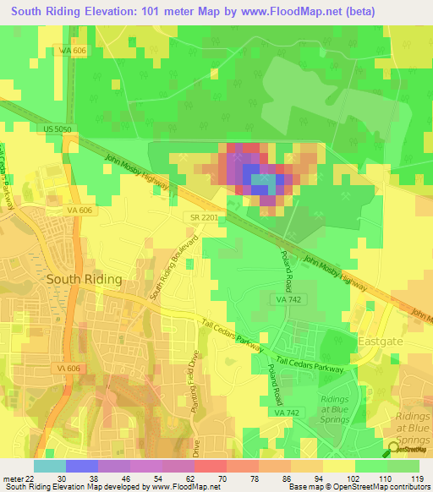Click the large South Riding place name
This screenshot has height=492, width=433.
(84, 278)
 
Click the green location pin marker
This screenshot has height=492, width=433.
(394, 448)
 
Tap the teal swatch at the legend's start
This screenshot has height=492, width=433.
(50, 465)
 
